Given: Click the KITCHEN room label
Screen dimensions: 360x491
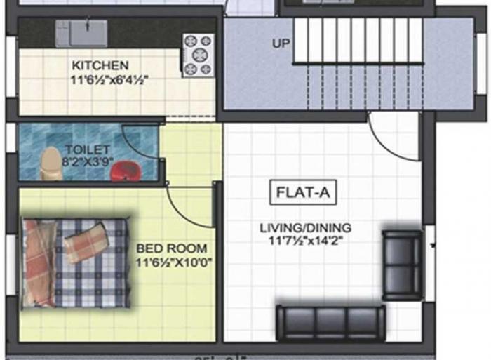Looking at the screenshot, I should [x=100, y=65].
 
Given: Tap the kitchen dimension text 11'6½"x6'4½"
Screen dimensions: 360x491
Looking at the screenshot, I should [x=109, y=79].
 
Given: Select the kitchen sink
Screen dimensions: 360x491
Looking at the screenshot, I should [x=81, y=33].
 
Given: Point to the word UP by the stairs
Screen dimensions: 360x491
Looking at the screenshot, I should [x=281, y=44].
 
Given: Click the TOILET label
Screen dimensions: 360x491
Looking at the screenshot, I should [x=87, y=149].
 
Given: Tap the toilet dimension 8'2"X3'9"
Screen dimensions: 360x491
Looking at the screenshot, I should [x=87, y=161].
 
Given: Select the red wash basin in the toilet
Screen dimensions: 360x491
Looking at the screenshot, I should [x=126, y=171].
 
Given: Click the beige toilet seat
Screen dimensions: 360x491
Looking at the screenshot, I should [x=51, y=164].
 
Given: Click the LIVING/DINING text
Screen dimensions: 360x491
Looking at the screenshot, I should [x=305, y=228].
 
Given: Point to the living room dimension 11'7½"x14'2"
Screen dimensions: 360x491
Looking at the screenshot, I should [x=305, y=241].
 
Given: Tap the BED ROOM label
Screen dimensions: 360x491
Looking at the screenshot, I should [x=171, y=248].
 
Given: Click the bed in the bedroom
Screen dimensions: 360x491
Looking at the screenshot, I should [x=76, y=263].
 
